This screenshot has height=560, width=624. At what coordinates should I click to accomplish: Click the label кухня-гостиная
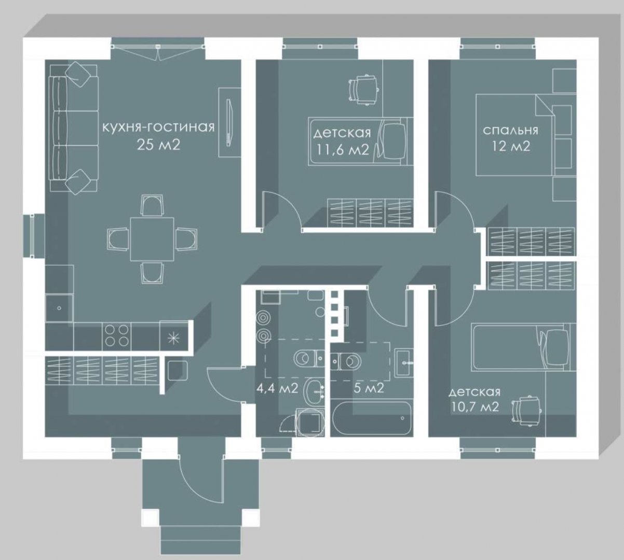tap(158, 127)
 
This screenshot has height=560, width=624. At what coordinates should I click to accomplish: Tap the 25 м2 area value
tap(158, 145)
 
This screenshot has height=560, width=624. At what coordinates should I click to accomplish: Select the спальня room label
tap(510, 131)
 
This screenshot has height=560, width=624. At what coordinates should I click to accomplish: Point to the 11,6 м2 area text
tap(343, 150)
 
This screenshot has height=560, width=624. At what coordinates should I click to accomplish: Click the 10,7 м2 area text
tap(474, 407)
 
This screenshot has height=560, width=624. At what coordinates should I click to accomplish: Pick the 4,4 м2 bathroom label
tap(277, 388)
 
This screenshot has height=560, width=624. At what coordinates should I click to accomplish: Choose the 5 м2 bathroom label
tap(369, 388)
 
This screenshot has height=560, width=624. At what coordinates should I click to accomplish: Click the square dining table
tap(152, 239)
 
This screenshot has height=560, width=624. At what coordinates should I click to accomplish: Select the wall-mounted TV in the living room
tap(228, 122)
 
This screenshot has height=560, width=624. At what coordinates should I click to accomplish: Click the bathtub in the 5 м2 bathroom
tap(372, 418)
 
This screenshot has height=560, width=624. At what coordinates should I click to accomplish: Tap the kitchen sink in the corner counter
tap(59, 308)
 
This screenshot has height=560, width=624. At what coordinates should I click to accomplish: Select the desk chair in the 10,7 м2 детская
tap(526, 411)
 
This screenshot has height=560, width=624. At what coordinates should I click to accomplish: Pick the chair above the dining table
tap(152, 205)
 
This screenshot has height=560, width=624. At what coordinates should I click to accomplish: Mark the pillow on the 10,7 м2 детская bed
tap(557, 347)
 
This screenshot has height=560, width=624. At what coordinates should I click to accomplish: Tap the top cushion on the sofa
tap(78, 74)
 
